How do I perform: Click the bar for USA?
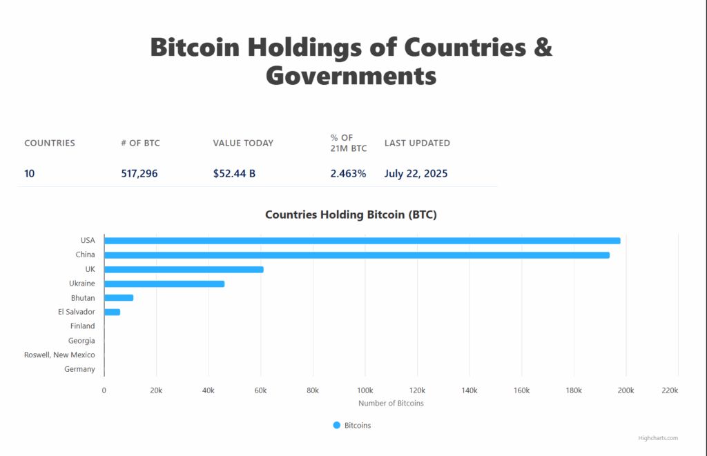362,241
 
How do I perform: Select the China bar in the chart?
356,255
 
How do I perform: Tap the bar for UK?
184,269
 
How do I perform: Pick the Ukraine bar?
164,284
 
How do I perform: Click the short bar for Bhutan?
119,298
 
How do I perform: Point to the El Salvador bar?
112,312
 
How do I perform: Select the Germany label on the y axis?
79,369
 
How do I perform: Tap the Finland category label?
82,326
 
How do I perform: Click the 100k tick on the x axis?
365,390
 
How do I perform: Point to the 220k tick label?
670,390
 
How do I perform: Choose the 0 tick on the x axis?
104,390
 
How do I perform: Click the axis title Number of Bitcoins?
391,403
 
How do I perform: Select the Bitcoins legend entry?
352,426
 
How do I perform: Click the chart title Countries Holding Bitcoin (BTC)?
351,215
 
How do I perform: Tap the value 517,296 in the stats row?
139,174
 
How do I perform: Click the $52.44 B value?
234,174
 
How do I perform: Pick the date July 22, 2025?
416,174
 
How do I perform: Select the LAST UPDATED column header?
417,143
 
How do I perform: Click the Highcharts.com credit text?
658,438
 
